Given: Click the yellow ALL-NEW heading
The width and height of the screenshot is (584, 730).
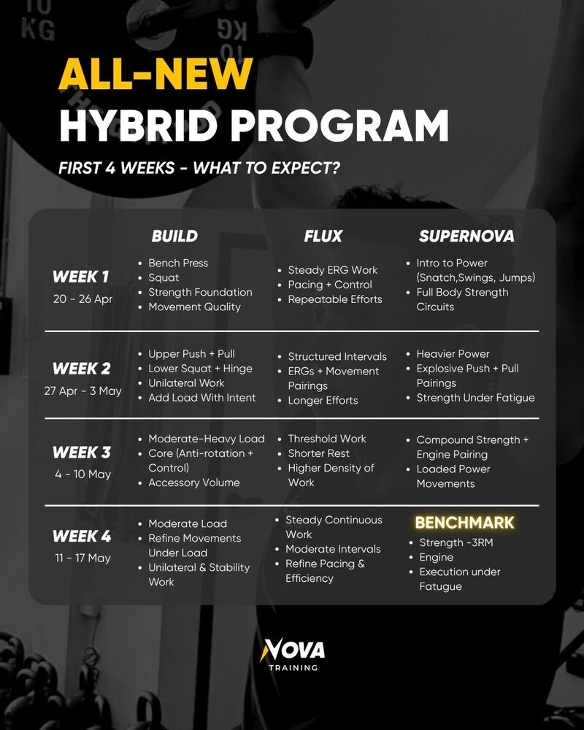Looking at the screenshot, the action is [155, 74].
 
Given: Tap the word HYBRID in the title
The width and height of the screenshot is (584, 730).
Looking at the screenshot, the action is [138, 126].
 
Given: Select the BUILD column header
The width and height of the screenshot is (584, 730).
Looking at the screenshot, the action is [174, 236].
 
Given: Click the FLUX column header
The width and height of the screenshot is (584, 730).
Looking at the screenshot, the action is [323, 236].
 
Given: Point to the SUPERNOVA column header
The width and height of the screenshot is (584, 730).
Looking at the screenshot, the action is [466, 236].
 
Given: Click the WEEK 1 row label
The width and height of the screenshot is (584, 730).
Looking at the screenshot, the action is [80, 277].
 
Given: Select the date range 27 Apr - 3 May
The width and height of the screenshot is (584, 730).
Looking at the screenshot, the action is [83, 391].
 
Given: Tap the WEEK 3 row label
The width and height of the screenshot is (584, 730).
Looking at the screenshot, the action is [82, 452].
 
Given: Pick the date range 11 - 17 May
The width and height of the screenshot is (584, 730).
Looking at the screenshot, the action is [83, 558].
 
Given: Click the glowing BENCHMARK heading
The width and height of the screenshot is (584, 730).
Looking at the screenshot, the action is [465, 523].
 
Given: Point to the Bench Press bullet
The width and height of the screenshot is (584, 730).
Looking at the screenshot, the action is [178, 263].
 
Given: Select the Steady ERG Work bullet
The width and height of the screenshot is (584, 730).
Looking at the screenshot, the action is [333, 270].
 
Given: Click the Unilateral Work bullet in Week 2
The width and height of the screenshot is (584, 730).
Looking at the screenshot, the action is [186, 383].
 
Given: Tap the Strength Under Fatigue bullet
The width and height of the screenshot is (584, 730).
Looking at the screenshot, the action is [475, 398].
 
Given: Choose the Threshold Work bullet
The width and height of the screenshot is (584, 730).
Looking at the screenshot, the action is [327, 439].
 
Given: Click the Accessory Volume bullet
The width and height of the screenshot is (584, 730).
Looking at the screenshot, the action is [193, 483].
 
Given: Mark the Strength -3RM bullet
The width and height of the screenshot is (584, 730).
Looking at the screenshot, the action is [456, 542].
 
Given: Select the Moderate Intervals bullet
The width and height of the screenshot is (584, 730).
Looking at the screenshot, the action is [333, 549].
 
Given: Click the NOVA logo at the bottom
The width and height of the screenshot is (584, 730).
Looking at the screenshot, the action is [293, 655].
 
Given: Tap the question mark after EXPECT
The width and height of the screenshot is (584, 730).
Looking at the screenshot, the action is [334, 168].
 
